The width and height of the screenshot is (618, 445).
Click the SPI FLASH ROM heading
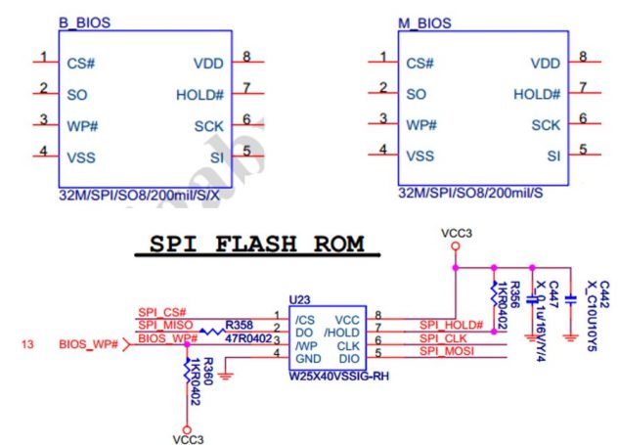tap(258, 243)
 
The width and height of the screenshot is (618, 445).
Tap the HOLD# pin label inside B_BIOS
tap(200, 95)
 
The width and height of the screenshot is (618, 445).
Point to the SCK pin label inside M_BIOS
tap(546, 125)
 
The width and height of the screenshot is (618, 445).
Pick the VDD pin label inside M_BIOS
tap(545, 63)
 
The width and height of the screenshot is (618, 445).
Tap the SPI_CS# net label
tap(160, 313)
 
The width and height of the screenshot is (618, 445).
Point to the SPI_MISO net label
tap(164, 326)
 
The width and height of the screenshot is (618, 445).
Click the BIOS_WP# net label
tap(87, 344)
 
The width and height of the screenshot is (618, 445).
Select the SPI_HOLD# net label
tap(451, 325)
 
